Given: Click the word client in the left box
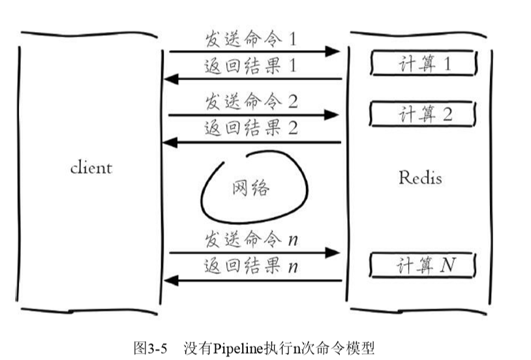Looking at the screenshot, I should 91,168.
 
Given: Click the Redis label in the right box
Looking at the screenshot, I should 419,177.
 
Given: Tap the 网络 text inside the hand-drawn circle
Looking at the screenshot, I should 251,189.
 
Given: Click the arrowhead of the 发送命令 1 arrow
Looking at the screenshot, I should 334,51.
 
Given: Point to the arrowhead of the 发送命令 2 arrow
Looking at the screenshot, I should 334,115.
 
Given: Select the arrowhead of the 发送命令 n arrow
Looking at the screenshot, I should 334,252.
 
